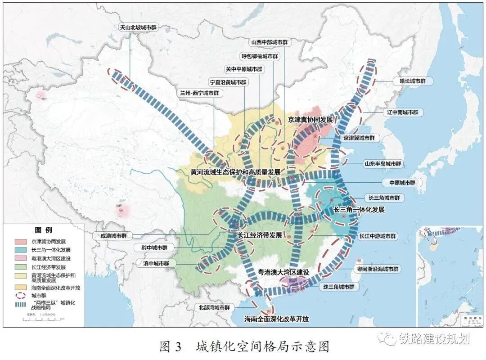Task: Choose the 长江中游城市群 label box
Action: pyautogui.click(x=378, y=236)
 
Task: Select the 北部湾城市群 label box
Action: pyautogui.click(x=214, y=308)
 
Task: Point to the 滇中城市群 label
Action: pyautogui.click(x=154, y=263)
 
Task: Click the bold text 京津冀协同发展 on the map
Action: pyautogui.click(x=310, y=120)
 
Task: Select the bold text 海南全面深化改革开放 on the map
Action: pyautogui.click(x=277, y=319)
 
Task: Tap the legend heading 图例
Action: pyautogui.click(x=44, y=230)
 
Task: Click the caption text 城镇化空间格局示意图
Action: pyautogui.click(x=263, y=347)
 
